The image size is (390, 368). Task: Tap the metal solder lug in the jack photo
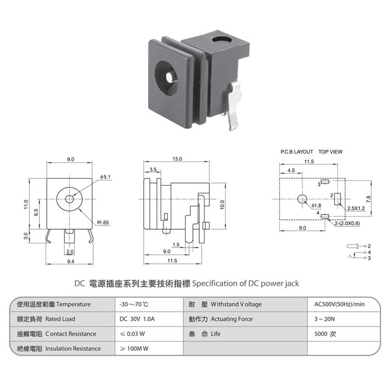pyautogui.click(x=235, y=106)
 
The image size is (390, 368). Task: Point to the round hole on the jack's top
pyautogui.click(x=221, y=40)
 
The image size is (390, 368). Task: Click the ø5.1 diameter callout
pyautogui.click(x=105, y=177)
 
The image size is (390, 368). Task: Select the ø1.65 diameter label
pyautogui.click(x=103, y=222)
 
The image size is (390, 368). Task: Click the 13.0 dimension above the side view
pyautogui.click(x=177, y=159)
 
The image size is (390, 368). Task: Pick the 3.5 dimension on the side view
pyautogui.click(x=153, y=170)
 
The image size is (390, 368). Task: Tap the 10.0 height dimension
pyautogui.click(x=222, y=205)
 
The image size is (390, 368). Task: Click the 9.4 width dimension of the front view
pyautogui.click(x=71, y=261)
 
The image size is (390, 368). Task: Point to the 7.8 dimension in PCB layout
pyautogui.click(x=368, y=199)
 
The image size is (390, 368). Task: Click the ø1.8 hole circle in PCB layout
pyautogui.click(x=302, y=199)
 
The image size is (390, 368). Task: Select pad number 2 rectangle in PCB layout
pyautogui.click(x=337, y=199)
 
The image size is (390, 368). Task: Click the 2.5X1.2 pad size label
pyautogui.click(x=356, y=208)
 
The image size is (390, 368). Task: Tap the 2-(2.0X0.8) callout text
pyautogui.click(x=347, y=223)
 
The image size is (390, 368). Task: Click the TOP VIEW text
pyautogui.click(x=330, y=151)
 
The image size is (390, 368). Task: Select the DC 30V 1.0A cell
pyautogui.click(x=137, y=319)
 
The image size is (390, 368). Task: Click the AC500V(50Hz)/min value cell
pyautogui.click(x=339, y=304)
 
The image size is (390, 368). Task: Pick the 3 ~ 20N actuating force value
pyautogui.click(x=324, y=319)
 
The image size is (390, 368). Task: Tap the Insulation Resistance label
pyautogui.click(x=73, y=349)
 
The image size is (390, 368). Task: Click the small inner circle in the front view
pyautogui.click(x=70, y=199)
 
